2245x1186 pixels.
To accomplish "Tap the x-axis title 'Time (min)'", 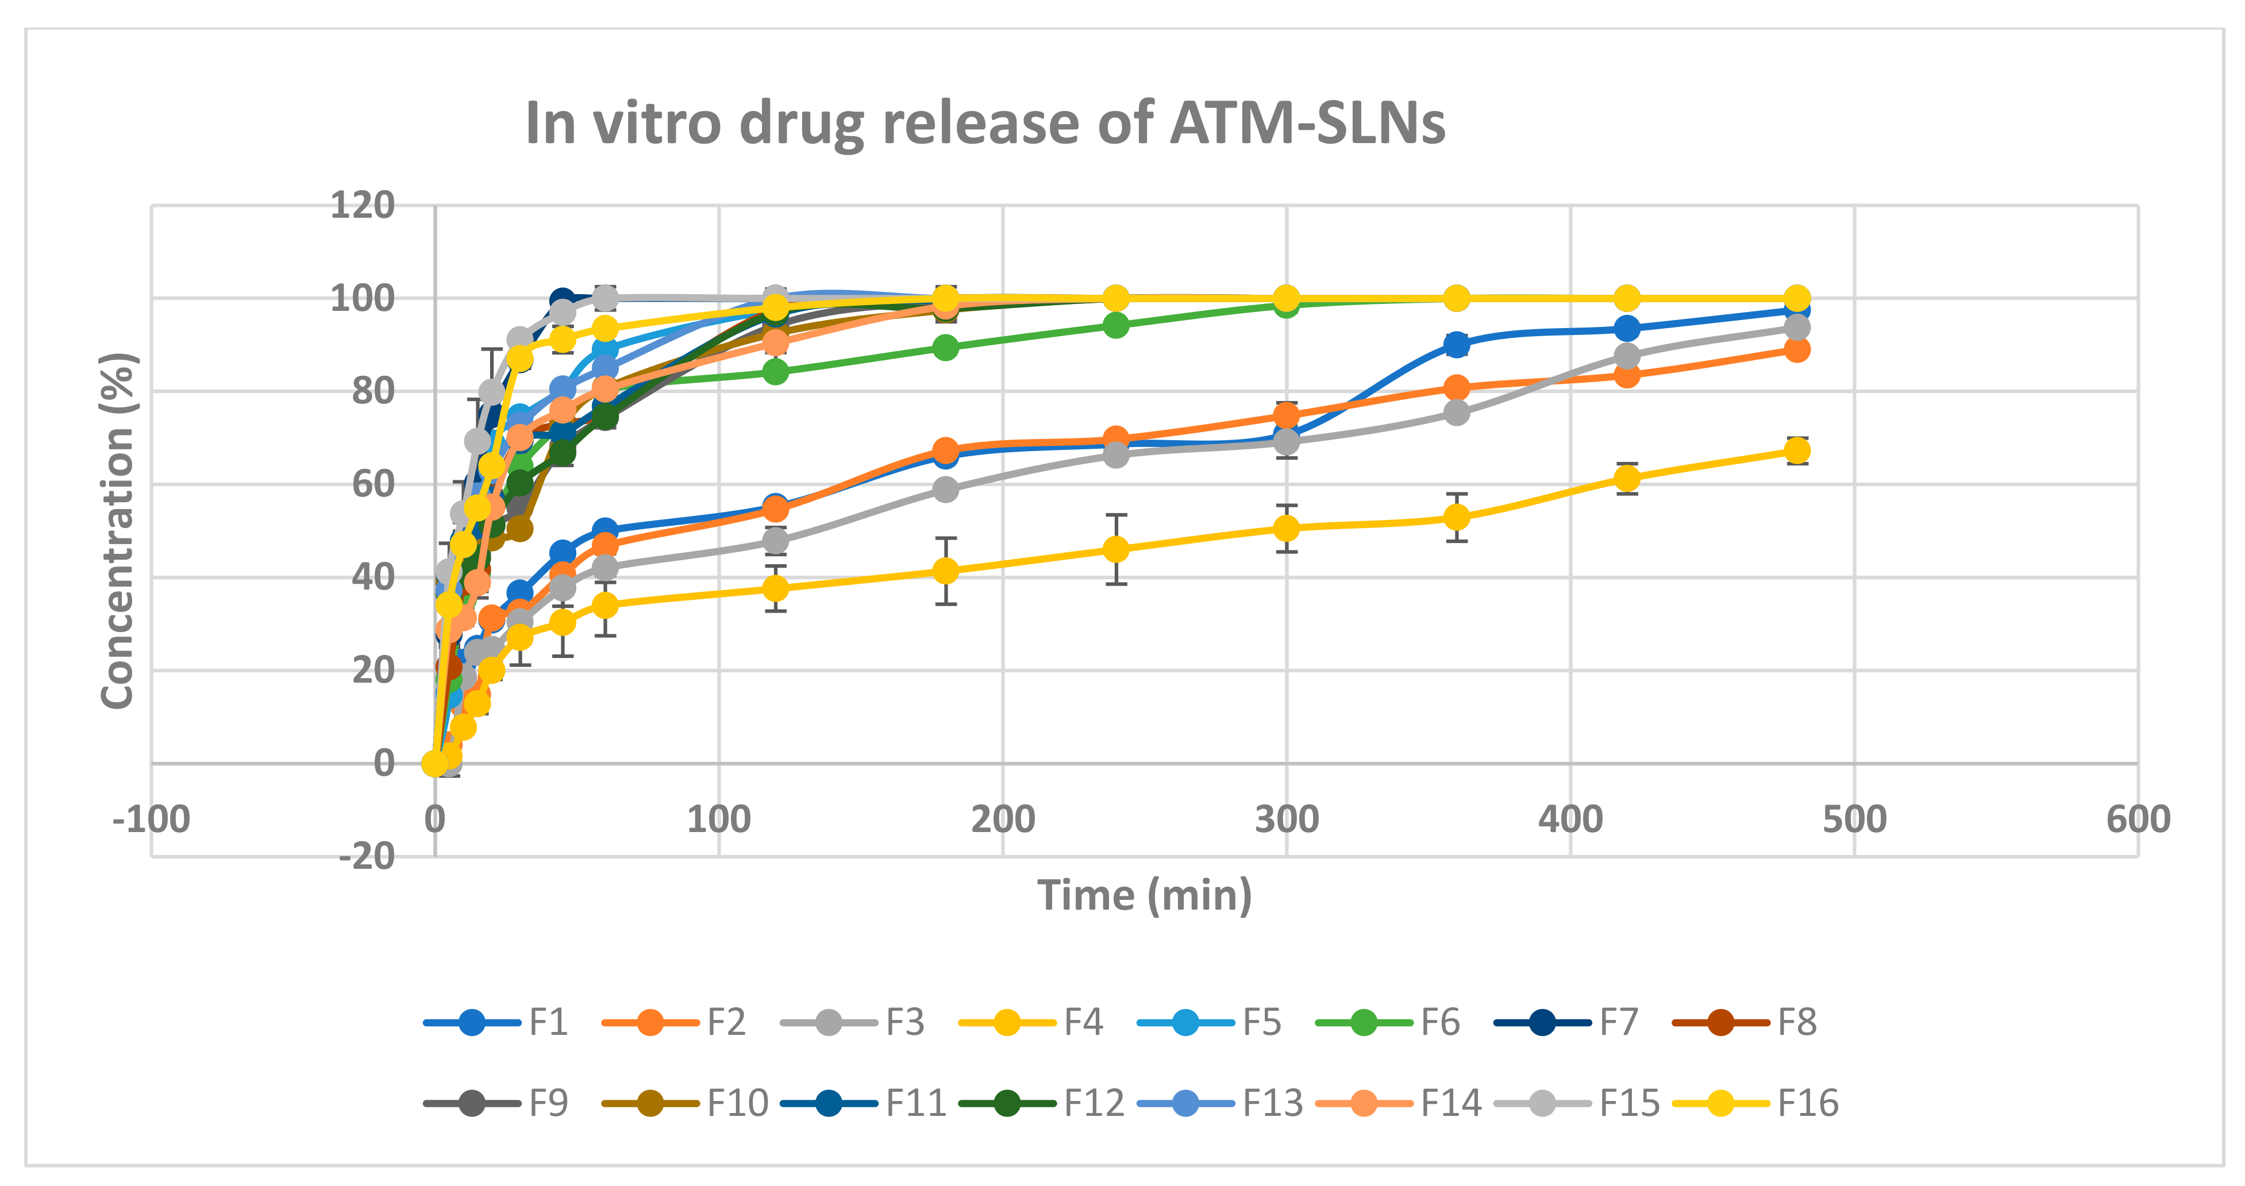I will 1144,895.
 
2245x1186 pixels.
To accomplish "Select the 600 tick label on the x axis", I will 2138,819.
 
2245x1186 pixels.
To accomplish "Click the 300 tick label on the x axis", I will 1287,819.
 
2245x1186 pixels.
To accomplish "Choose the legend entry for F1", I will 497,1022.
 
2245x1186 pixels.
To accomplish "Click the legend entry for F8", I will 1746,1022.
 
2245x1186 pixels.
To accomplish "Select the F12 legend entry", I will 1042,1103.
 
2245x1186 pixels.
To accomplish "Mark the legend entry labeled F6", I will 1388,1022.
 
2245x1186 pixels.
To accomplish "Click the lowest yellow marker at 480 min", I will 1796,450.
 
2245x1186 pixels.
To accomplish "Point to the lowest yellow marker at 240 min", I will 1115,549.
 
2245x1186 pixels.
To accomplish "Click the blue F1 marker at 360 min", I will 1455,344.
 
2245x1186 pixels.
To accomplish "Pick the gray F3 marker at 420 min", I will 1626,356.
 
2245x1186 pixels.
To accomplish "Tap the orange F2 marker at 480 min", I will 1796,349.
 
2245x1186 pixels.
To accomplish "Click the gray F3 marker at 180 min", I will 946,490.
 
